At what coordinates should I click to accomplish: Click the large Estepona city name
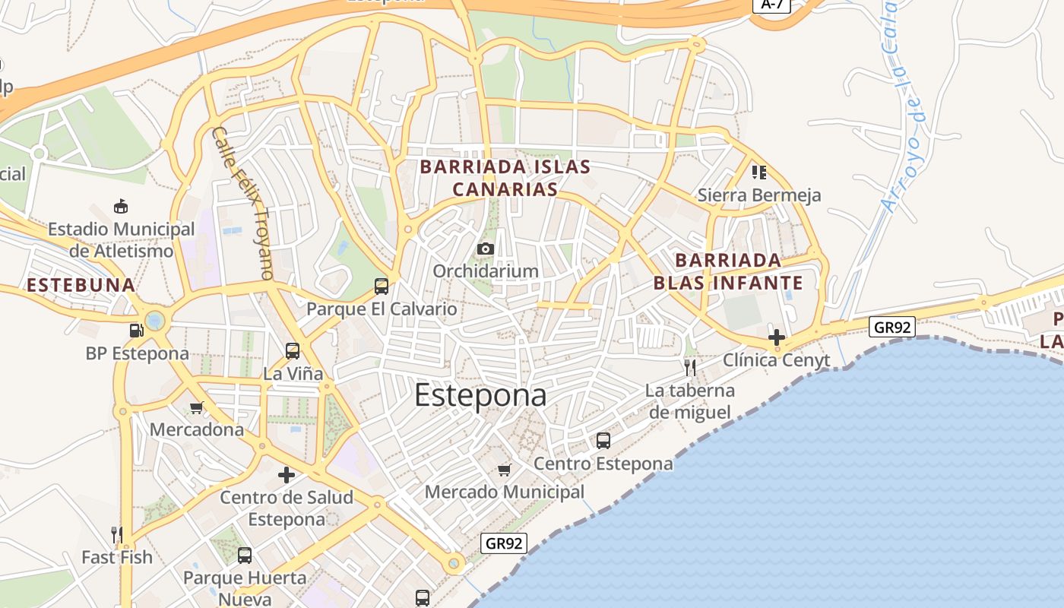coord(480,396)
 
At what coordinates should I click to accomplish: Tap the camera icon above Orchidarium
coord(486,249)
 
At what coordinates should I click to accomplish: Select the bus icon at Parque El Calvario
coord(382,287)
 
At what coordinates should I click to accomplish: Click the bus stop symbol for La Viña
coord(293,351)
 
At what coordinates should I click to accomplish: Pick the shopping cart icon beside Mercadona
coord(197,408)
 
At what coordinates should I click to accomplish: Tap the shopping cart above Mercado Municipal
coord(504,470)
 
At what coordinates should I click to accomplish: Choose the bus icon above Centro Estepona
coord(603,441)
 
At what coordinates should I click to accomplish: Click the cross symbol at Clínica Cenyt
coord(776,337)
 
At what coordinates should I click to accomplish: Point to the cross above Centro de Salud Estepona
coord(287,476)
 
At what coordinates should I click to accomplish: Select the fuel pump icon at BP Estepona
coord(137,330)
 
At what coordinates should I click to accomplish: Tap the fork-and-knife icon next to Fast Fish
coord(117,535)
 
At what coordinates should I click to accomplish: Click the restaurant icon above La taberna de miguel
coord(690,368)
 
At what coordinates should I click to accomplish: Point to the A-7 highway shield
coord(772,5)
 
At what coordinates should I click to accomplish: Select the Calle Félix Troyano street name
coord(242,203)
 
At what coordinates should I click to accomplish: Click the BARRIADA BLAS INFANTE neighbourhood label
coord(728,272)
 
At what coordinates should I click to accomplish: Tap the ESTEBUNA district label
coord(81,286)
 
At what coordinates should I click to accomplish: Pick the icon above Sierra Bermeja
coord(758,173)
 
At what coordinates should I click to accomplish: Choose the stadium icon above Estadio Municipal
coord(120,207)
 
